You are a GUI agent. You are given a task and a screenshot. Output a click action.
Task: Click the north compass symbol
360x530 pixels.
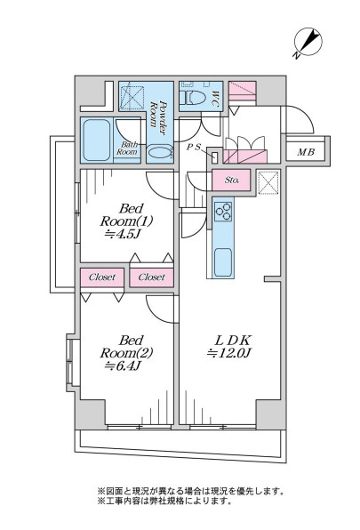308,43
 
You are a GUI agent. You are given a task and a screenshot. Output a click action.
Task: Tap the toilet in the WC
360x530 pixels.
193,97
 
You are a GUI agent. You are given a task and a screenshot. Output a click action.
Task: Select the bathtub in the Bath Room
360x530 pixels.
97,141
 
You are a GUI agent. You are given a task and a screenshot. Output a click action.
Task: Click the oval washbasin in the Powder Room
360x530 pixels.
160,151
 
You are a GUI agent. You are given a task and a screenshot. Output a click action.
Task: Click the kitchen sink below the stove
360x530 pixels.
223,262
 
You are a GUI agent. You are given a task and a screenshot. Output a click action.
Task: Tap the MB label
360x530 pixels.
306,152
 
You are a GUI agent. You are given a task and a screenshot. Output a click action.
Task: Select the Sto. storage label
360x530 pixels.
232,181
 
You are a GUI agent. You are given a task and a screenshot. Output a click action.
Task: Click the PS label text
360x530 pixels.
194,147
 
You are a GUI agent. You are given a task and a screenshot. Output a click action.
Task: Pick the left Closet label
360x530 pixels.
102,277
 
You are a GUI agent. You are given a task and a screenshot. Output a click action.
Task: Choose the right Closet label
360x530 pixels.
152,277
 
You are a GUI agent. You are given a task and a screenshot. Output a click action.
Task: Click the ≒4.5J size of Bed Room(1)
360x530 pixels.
123,234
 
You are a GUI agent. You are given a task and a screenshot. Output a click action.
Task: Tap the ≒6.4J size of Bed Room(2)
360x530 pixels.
123,365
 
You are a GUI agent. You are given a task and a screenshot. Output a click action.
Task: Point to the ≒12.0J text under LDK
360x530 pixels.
229,353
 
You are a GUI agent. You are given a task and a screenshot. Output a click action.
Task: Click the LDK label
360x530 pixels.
233,340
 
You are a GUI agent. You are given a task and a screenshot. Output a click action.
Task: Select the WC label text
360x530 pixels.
215,98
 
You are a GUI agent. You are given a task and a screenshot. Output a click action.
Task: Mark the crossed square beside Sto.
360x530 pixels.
268,183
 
